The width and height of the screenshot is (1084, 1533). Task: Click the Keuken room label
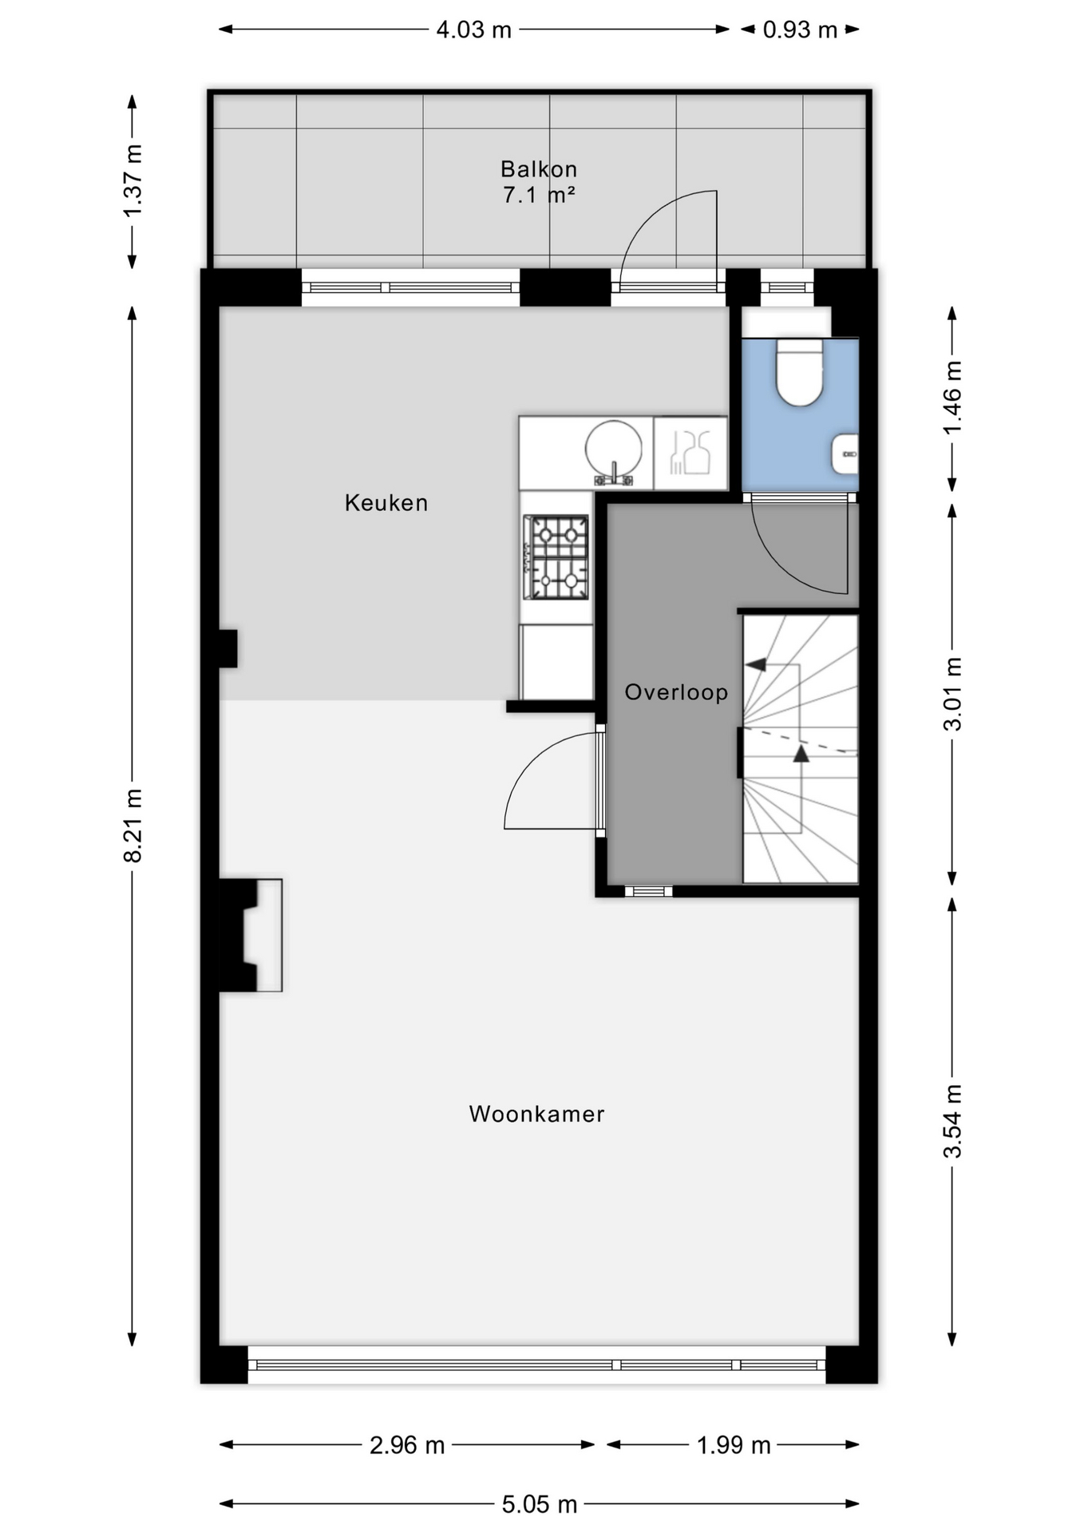tap(386, 503)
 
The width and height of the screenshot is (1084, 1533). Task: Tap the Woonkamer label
tap(536, 1114)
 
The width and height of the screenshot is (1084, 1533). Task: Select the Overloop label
tap(676, 692)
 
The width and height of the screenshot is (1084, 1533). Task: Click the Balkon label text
tap(539, 169)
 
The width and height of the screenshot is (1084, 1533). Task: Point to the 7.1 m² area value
tap(539, 195)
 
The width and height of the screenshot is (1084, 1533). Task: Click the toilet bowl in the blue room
tap(800, 372)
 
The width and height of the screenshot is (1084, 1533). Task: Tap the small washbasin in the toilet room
tap(845, 454)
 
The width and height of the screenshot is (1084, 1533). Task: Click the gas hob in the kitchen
tap(556, 557)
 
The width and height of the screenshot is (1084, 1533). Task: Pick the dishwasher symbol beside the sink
tap(690, 453)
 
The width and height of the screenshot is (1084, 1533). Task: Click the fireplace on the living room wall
tap(251, 935)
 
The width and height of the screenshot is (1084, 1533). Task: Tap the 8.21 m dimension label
tap(133, 826)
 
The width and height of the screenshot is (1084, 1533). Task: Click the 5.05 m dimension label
tap(540, 1504)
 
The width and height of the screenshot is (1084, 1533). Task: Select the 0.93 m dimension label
tap(800, 30)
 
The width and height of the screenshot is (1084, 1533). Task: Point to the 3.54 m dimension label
tap(952, 1120)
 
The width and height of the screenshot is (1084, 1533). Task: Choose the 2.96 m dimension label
tap(407, 1445)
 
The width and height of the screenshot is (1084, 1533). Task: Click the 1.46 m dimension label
tap(952, 397)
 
